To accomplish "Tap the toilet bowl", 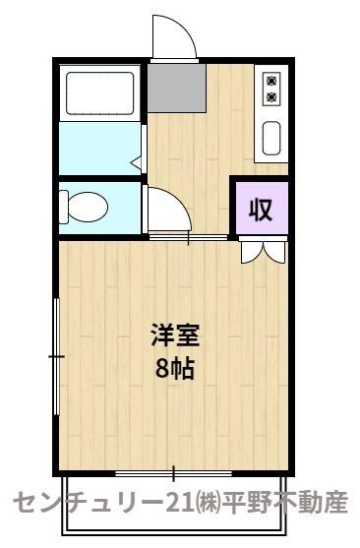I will [x=85, y=208].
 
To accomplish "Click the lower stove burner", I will [x=270, y=96].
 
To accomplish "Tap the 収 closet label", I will [x=260, y=210].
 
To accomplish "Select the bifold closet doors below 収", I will [x=261, y=251].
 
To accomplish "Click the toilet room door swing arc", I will [x=167, y=212].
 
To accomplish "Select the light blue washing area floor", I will [x=98, y=148].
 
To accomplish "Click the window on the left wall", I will [x=57, y=354].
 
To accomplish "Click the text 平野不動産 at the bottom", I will [x=290, y=503].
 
